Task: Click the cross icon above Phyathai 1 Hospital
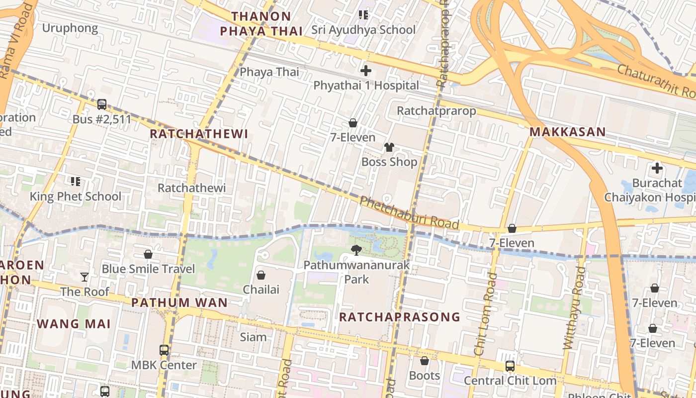coord(366,71)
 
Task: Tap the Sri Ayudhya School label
coord(363,30)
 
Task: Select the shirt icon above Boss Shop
coord(389,147)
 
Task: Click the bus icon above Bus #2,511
coord(102,104)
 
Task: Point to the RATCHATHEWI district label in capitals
coord(199,134)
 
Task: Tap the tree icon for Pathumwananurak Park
coord(356,250)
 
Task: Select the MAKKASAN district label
coord(567,132)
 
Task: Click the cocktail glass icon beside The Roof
coord(85,277)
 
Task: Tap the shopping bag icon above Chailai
coord(261,275)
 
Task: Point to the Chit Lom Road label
coord(485,313)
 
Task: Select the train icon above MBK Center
coord(164,350)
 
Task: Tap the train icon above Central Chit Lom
coord(510,366)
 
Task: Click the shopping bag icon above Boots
coord(425,361)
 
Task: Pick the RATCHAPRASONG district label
coord(400,317)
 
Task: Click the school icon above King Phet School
coord(76,182)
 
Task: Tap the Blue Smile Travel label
coord(148,269)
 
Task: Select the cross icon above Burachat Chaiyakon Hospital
coord(657,168)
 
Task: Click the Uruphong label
coord(70,28)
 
